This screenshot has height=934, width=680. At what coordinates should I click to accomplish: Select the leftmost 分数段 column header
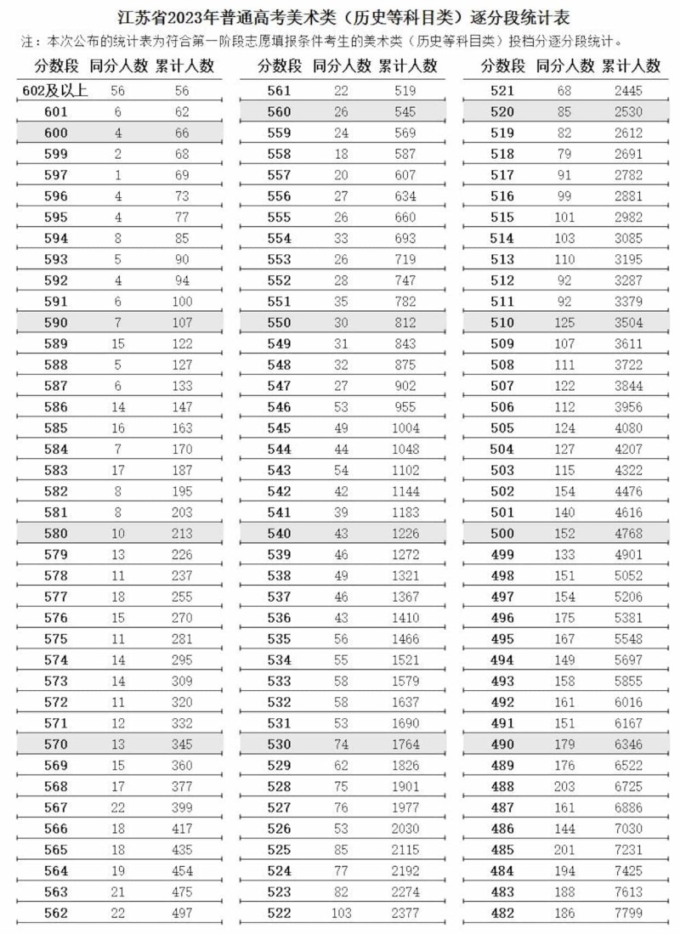pyautogui.click(x=56, y=65)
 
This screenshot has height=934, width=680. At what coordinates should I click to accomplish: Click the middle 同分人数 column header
pyautogui.click(x=342, y=65)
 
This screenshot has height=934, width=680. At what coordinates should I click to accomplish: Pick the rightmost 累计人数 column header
pyautogui.click(x=631, y=65)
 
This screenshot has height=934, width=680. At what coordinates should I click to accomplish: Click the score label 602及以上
pyautogui.click(x=54, y=90)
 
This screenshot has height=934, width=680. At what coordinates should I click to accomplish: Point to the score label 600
pyautogui.click(x=55, y=133)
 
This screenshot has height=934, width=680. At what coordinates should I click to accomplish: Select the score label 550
pyautogui.click(x=279, y=323)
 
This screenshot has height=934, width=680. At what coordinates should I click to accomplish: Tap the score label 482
pyautogui.click(x=502, y=913)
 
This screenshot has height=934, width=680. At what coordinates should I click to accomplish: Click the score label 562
pyautogui.click(x=55, y=913)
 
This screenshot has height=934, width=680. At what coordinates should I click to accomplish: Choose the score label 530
pyautogui.click(x=279, y=744)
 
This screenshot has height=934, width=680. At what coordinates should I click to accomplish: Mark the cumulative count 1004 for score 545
pyautogui.click(x=405, y=428)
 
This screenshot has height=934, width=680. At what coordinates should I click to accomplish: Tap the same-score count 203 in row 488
pyautogui.click(x=564, y=787)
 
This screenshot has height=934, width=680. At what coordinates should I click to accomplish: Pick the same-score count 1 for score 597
pyautogui.click(x=118, y=175)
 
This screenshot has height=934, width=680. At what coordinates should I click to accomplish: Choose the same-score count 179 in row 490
pyautogui.click(x=564, y=744)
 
